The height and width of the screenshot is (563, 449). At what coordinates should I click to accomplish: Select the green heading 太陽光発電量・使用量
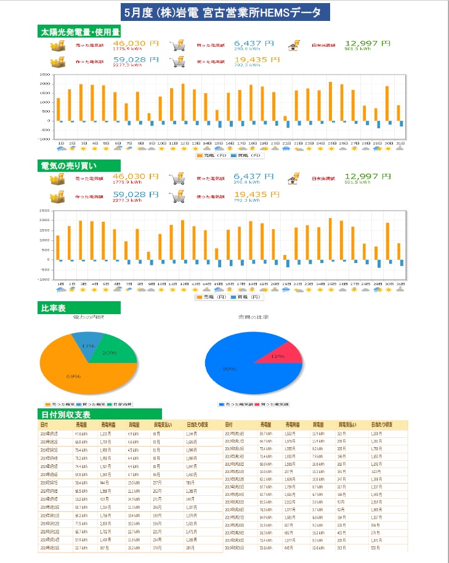tap(79, 31)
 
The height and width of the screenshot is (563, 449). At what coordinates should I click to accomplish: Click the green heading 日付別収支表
tap(70, 414)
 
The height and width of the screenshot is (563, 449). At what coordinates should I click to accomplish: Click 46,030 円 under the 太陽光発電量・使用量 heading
tap(136, 44)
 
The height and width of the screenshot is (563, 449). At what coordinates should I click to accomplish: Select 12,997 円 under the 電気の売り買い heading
tap(367, 177)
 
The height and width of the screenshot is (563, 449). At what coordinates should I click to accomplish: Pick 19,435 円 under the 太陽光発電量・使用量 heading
tap(257, 59)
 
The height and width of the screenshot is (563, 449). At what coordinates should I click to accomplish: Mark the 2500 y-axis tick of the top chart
tap(44, 75)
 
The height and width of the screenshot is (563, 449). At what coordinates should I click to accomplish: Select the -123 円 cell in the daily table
tap(376, 471)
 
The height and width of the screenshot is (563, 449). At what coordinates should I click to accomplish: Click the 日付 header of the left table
tap(44, 425)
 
